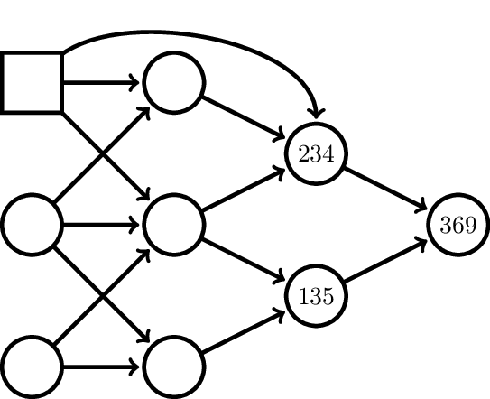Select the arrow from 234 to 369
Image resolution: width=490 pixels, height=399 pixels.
click(x=385, y=189)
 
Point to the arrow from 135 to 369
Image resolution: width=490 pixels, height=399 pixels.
click(x=385, y=260)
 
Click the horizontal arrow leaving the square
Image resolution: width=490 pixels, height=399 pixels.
click(x=101, y=82)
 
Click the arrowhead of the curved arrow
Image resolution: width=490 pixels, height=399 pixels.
click(x=316, y=114)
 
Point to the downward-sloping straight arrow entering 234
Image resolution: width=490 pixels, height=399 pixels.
click(x=244, y=118)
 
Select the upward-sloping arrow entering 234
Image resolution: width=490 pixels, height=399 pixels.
click(x=244, y=190)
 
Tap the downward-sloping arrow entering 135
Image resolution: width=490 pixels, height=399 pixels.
click(x=244, y=260)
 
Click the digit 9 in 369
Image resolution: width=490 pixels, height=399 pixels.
click(x=470, y=225)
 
